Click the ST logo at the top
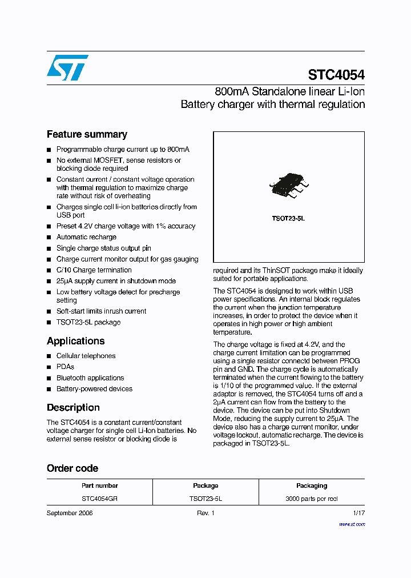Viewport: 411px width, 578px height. point(67,67)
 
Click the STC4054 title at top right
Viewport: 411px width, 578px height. point(336,75)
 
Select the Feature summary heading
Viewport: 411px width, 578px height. point(87,134)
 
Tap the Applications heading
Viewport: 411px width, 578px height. point(75,341)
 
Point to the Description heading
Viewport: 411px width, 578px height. point(73,408)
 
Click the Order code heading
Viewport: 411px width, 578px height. point(72,468)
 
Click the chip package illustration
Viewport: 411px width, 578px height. point(288,186)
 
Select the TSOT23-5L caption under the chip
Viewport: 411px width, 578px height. point(288,219)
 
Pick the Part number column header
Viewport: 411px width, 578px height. point(100,485)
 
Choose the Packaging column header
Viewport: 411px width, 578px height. point(312,485)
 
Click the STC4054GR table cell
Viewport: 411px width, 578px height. point(100,499)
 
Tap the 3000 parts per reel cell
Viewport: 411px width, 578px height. point(312,499)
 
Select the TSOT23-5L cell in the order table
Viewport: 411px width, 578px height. point(205,499)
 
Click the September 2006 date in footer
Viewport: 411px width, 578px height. point(70,513)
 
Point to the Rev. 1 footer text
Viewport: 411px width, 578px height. point(205,513)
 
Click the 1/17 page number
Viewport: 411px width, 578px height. point(358,513)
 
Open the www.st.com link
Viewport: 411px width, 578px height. point(352,524)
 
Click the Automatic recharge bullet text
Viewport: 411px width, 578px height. point(86,237)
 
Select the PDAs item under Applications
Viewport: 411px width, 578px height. point(65,367)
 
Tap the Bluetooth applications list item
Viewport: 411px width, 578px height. point(90,378)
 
